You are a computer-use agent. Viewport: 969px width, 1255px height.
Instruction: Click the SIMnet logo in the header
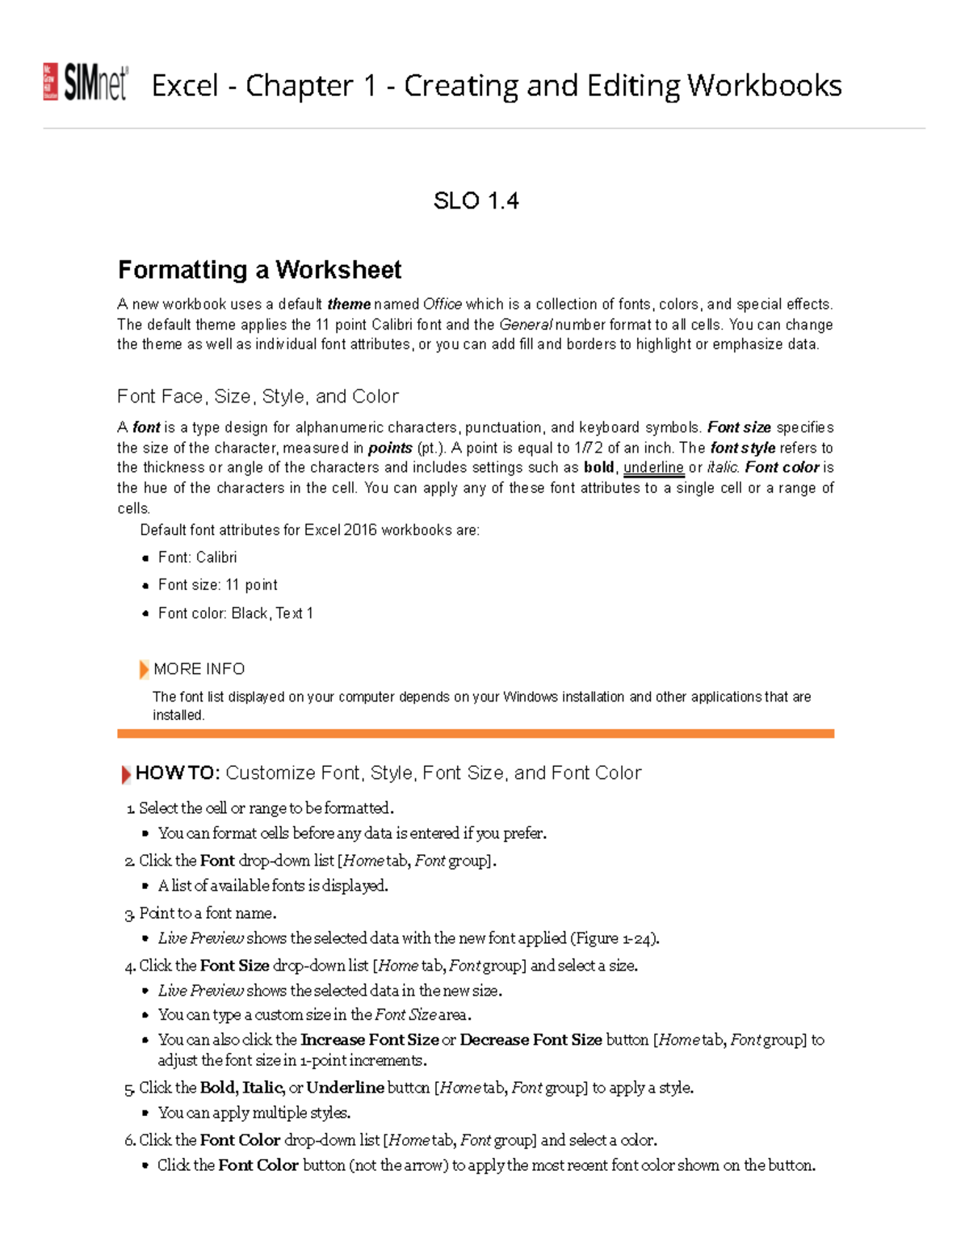point(86,82)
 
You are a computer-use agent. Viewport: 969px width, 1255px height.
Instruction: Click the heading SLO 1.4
point(476,200)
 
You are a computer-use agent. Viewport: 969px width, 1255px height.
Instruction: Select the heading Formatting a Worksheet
point(259,269)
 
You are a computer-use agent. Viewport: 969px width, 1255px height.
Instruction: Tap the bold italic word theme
point(349,305)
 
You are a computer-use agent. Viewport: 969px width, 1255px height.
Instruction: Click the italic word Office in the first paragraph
point(443,305)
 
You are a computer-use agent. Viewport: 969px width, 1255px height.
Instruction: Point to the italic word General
point(526,325)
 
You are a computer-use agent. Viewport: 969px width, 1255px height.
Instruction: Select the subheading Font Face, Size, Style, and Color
point(258,397)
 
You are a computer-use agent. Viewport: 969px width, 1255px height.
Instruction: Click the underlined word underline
point(653,468)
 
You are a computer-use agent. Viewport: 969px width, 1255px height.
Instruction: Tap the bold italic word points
point(390,448)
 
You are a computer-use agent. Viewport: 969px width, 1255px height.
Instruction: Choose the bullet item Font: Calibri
point(197,558)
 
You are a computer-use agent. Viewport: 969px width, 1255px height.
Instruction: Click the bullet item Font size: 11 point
point(217,585)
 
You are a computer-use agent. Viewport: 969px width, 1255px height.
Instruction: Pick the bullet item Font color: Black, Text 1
point(235,613)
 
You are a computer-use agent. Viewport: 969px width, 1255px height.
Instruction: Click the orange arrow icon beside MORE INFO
point(144,669)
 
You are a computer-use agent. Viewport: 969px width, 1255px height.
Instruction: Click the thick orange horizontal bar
point(476,734)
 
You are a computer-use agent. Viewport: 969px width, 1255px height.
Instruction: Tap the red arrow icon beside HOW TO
point(126,774)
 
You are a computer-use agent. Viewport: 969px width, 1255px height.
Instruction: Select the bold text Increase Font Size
point(369,1040)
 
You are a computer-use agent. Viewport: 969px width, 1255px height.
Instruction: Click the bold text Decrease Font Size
point(531,1040)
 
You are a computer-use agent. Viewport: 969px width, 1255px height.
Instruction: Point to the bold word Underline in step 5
point(345,1088)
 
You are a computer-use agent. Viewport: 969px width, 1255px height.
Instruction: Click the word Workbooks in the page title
point(764,86)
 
